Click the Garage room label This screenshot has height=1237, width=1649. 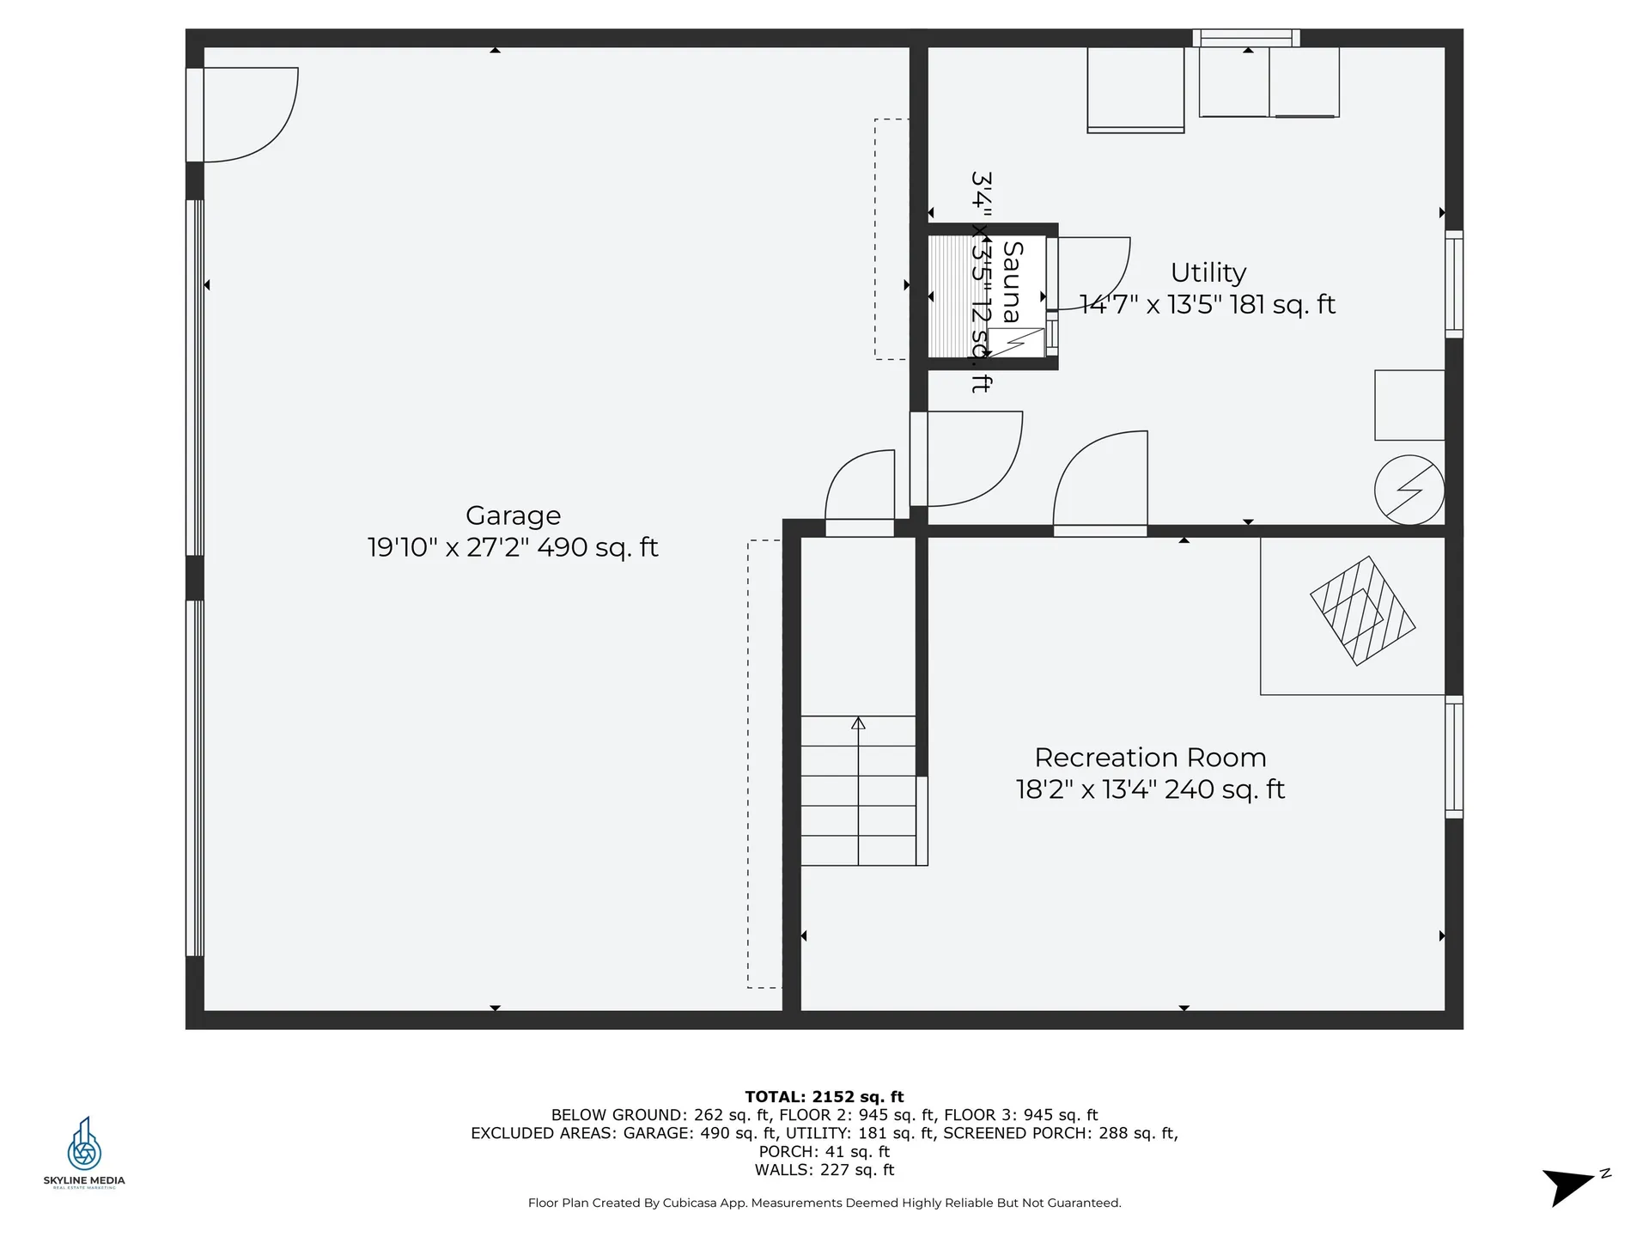(513, 515)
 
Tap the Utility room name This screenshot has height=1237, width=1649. (1208, 272)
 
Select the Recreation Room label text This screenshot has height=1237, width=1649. (1150, 758)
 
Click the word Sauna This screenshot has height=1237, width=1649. (1013, 282)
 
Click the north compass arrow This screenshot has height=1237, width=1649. (1570, 1185)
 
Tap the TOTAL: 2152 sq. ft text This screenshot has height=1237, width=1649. (824, 1096)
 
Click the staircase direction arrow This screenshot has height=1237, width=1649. (858, 724)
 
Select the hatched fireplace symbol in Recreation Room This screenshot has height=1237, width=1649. (1362, 611)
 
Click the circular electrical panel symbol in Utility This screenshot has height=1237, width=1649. (1409, 490)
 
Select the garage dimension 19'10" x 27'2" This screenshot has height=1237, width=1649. (447, 547)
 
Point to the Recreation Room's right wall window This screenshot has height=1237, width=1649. (1453, 756)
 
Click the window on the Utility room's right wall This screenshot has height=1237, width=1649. (1453, 283)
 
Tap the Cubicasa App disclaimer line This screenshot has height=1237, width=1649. (824, 1203)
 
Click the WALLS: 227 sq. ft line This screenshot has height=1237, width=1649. (824, 1170)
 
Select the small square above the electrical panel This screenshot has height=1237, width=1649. (1409, 405)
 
